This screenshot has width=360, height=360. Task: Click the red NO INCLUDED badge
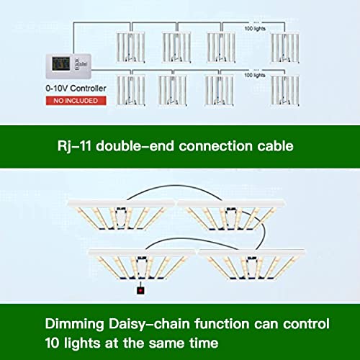[76, 101]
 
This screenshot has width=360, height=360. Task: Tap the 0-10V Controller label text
[76, 89]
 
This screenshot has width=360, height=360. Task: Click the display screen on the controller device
[61, 64]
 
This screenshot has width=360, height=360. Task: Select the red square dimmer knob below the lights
[140, 290]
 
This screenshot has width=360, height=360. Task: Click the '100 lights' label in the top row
[255, 29]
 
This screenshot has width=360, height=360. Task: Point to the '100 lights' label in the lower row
[255, 75]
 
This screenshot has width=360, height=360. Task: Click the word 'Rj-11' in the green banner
[74, 146]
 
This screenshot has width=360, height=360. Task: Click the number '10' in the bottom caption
[53, 343]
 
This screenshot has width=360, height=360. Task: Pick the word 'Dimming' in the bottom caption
[74, 325]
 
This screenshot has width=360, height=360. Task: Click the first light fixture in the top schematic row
[130, 48]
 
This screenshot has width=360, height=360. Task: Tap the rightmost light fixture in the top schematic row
[284, 48]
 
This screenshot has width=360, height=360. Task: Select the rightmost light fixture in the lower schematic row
[284, 90]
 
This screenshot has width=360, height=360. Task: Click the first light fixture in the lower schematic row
[130, 90]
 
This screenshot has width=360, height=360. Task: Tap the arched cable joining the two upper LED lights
[175, 185]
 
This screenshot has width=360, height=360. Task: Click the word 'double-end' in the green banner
[135, 146]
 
